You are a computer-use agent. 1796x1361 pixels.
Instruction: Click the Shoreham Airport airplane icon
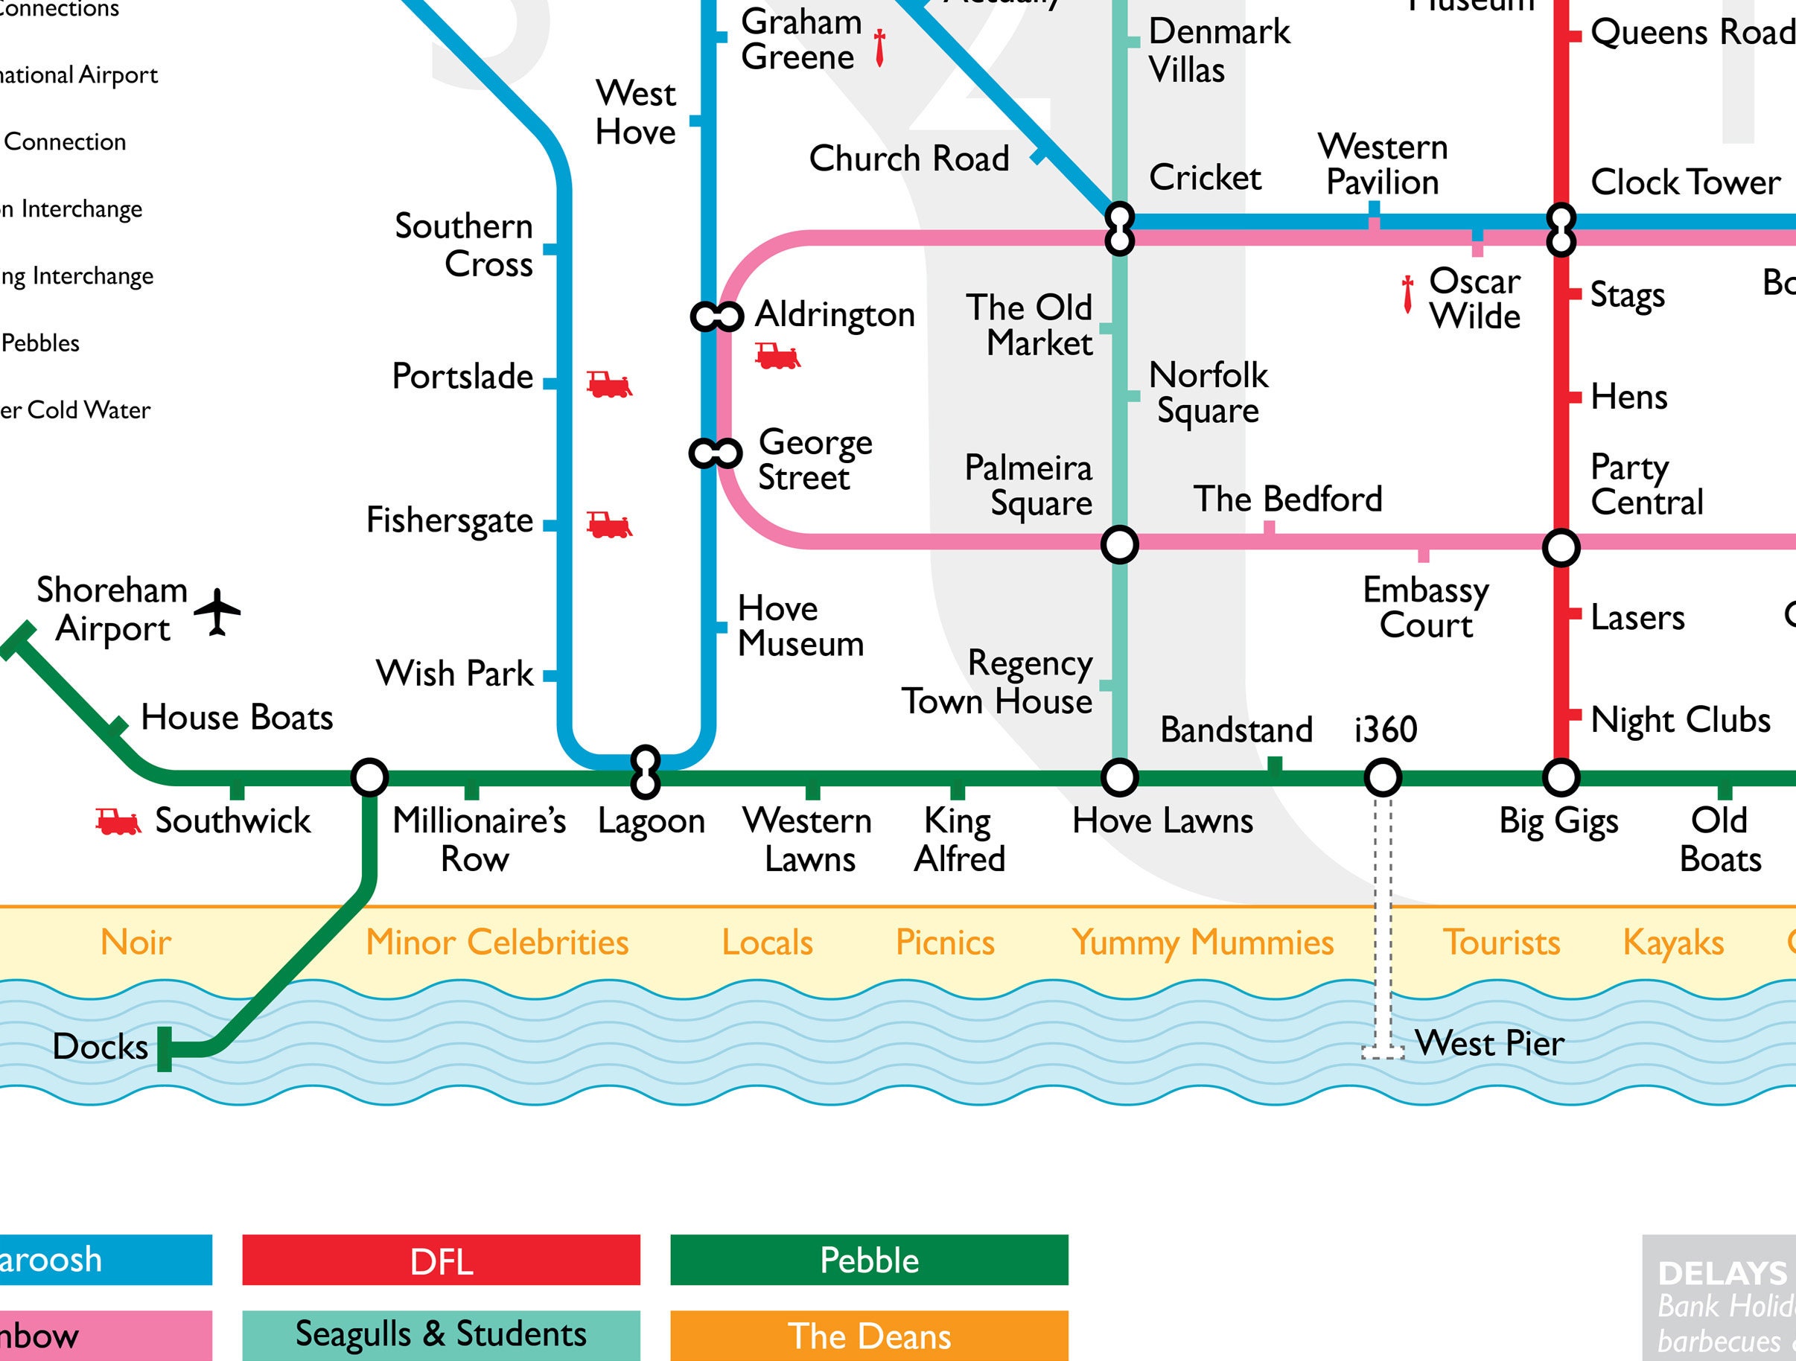217,612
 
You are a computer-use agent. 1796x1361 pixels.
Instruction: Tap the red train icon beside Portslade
609,384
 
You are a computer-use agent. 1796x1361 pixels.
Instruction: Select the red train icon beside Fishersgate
609,525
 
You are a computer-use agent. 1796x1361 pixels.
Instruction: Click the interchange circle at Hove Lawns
1119,778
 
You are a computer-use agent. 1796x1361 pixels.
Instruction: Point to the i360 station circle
1382,778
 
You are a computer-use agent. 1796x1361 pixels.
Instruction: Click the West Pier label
1489,1044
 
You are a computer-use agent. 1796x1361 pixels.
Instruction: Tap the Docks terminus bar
165,1049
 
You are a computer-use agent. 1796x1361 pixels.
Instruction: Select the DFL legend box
441,1261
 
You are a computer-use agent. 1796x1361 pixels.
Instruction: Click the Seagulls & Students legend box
441,1334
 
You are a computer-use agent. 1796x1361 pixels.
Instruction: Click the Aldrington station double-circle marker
717,316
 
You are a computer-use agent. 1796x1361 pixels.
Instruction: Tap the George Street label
815,459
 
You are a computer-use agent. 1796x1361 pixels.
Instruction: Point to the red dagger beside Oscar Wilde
1407,294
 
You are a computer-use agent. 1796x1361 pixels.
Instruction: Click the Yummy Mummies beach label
1203,943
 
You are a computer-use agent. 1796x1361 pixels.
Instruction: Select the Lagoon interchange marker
646,771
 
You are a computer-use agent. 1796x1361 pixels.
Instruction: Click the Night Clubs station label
1680,720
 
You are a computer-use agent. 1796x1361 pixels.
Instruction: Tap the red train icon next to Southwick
118,822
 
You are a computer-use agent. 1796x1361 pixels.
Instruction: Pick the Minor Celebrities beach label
497,943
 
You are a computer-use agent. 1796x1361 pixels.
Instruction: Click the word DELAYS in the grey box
1722,1273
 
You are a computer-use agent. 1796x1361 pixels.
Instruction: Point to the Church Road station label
908,159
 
